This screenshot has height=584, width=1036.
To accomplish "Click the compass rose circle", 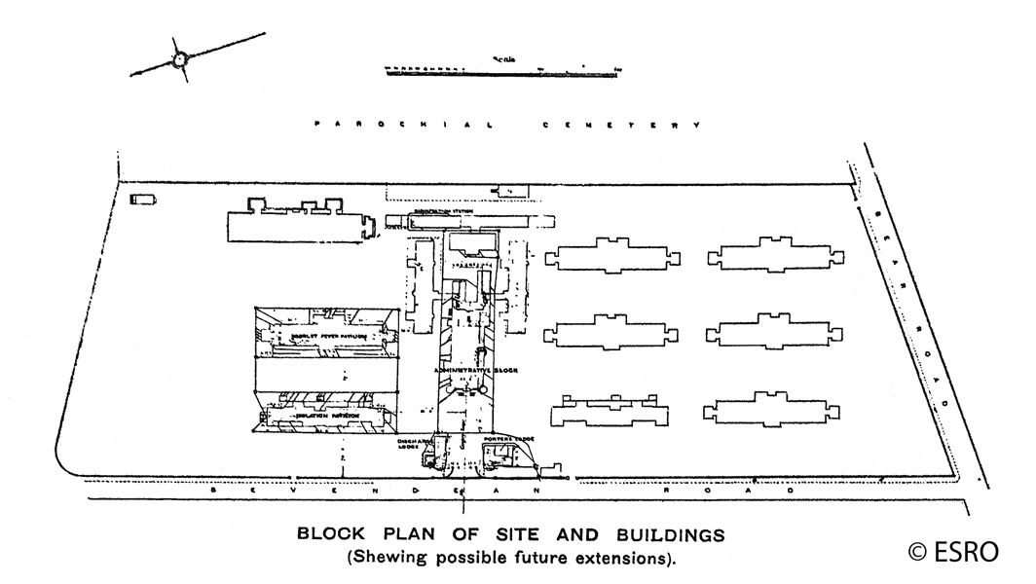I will click(180, 60).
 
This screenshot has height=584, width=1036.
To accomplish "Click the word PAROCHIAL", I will click(403, 125).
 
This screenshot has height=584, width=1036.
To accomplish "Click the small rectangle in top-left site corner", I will click(142, 199).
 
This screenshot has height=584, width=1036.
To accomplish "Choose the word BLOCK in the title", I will click(337, 534).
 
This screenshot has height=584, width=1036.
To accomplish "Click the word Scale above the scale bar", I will click(504, 59).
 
